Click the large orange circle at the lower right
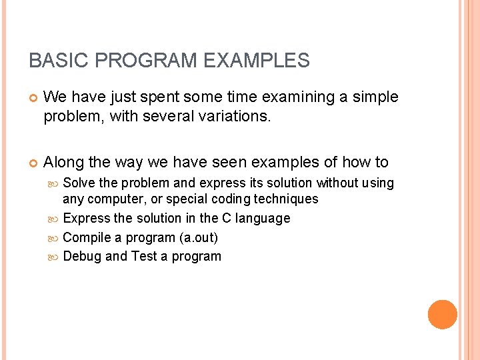click(x=443, y=315)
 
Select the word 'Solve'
click(x=79, y=183)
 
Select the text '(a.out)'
click(x=199, y=237)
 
